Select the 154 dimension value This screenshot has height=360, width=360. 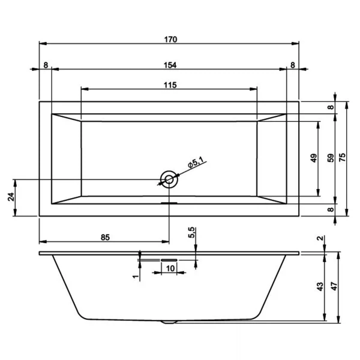pyautogui.click(x=169, y=65)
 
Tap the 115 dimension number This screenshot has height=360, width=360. pyautogui.click(x=169, y=85)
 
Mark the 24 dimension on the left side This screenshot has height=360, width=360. pyautogui.click(x=11, y=197)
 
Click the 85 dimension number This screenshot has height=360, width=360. pyautogui.click(x=104, y=238)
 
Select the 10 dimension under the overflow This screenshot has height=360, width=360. pyautogui.click(x=170, y=268)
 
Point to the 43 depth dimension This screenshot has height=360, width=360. pyautogui.click(x=320, y=287)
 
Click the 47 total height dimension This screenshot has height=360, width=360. pyautogui.click(x=336, y=287)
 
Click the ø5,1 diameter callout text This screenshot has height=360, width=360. pyautogui.click(x=196, y=163)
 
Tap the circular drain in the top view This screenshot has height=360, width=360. pyautogui.click(x=169, y=178)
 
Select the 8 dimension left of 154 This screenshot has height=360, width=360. pyautogui.click(x=46, y=65)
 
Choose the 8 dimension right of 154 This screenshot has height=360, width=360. pyautogui.click(x=293, y=65)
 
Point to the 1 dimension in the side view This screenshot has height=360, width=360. pyautogui.click(x=135, y=275)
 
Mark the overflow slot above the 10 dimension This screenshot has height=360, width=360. pyautogui.click(x=169, y=259)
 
